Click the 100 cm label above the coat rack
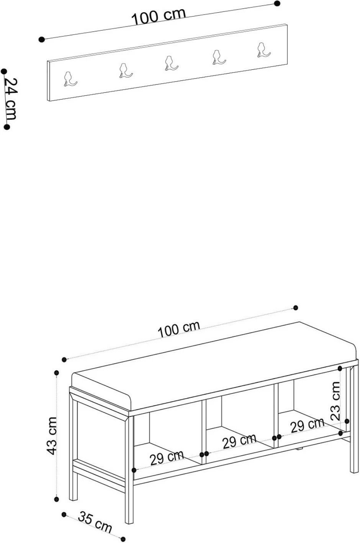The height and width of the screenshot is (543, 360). point(159,16)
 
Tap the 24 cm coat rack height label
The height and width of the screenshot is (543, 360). point(11,98)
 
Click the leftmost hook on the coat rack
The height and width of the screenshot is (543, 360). point(70,79)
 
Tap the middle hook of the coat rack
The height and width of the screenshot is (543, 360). point(171,63)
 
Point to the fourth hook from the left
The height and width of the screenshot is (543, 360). point(218,57)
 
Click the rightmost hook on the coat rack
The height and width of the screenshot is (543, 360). point(263,50)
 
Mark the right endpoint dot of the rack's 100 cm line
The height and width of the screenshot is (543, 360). point(277,3)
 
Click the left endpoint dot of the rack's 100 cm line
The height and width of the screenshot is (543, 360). point(42,39)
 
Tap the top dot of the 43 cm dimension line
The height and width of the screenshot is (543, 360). point(57,372)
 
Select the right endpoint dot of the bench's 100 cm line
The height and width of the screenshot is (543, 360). point(295,307)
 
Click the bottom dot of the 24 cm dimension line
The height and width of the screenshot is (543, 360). point(7,127)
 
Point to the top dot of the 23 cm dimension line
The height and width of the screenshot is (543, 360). point(340,369)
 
